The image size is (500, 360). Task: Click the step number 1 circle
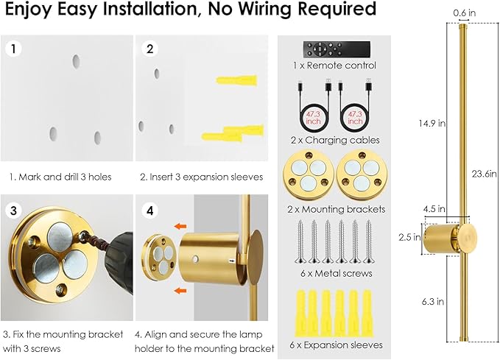(12, 50)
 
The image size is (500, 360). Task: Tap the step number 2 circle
(150, 50)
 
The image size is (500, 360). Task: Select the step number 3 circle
(12, 210)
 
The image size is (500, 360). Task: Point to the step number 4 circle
(150, 210)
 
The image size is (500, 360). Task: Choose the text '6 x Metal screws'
(336, 273)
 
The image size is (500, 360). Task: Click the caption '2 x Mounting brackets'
(336, 209)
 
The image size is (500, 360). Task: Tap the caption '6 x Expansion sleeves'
(336, 344)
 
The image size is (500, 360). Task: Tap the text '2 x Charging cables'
(336, 139)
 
